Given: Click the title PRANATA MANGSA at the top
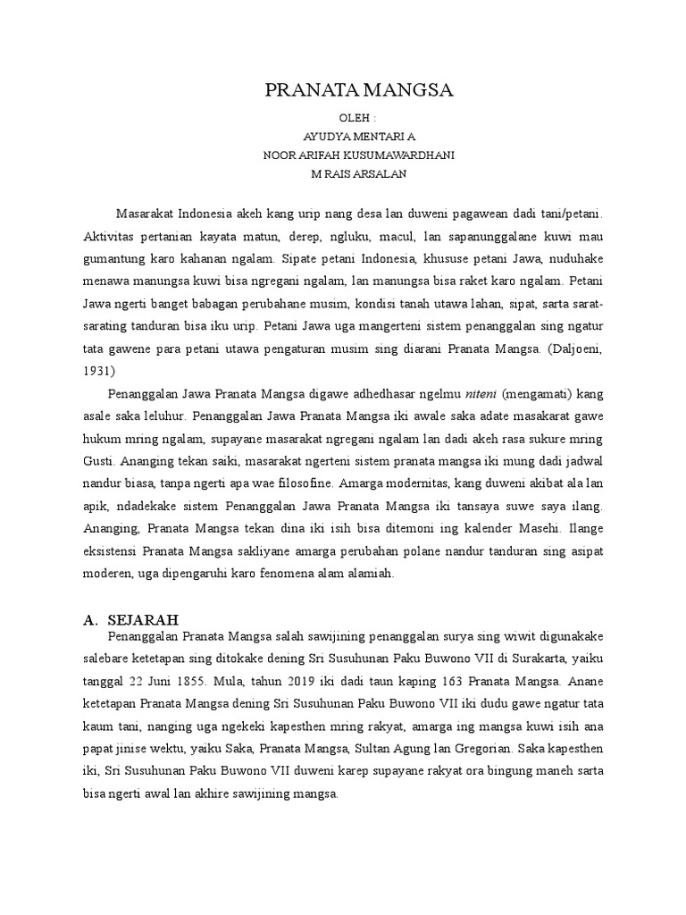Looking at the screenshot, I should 361,90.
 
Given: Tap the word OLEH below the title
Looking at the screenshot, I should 356,118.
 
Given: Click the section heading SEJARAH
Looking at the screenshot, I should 143,618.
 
